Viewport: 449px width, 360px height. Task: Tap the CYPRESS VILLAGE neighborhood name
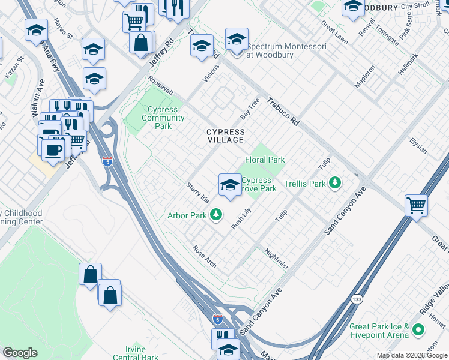[225, 136]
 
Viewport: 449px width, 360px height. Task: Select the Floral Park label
[265, 160]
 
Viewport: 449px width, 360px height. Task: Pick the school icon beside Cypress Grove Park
[230, 185]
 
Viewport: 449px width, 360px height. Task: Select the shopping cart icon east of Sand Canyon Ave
[416, 205]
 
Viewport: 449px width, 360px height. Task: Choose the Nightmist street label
[276, 259]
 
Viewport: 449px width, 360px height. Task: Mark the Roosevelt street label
[161, 86]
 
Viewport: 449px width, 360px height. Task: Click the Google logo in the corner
[20, 353]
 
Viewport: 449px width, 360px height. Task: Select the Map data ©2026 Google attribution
[412, 355]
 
